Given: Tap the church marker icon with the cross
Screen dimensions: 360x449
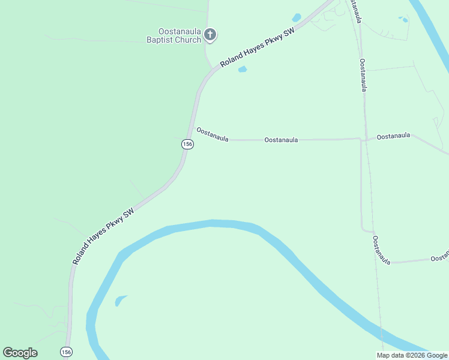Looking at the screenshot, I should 210,34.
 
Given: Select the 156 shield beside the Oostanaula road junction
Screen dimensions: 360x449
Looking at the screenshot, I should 188,144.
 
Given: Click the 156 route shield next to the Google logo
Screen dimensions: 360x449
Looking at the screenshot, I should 67,351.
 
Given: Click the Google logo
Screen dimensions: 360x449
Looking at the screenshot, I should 20,353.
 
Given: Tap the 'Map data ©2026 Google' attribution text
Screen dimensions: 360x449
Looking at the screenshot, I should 412,355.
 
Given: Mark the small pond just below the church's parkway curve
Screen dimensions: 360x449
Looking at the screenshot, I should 243,70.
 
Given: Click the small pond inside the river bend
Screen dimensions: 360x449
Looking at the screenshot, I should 120,299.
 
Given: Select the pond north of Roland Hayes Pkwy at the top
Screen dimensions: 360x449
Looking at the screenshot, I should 297,17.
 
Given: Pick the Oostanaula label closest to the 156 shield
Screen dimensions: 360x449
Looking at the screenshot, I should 212,134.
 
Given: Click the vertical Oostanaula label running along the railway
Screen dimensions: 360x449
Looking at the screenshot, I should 364,75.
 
